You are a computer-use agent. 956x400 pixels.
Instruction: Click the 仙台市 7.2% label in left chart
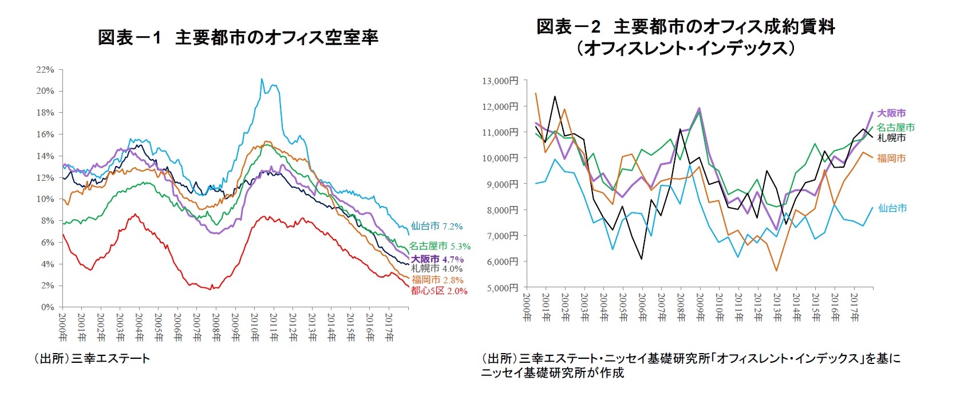(436, 227)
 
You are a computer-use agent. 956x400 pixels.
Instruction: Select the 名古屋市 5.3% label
(439, 247)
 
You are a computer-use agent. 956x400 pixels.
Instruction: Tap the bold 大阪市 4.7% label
(437, 259)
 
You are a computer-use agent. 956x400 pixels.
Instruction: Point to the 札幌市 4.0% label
(436, 268)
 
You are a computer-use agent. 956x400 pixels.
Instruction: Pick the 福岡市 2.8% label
(437, 280)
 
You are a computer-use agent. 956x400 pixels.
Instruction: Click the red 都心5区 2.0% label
(439, 291)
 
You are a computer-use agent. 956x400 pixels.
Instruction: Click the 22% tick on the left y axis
(45, 70)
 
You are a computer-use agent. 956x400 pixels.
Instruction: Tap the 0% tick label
(48, 307)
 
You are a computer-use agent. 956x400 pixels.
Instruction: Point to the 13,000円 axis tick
(500, 81)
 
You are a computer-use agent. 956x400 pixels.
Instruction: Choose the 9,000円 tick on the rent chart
(502, 184)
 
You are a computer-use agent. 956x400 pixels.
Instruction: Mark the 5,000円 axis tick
(502, 288)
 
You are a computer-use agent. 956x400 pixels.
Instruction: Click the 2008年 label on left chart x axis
(216, 327)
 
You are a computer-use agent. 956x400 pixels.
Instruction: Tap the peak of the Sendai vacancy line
(262, 79)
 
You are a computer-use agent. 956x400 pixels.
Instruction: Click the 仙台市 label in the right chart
(892, 208)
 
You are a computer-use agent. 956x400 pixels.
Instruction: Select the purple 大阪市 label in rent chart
(891, 113)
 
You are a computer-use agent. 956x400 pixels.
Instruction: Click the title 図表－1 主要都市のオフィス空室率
(238, 38)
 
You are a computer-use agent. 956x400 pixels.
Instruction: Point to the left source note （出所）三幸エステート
(92, 359)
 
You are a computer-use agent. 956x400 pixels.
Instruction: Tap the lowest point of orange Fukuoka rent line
(777, 271)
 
